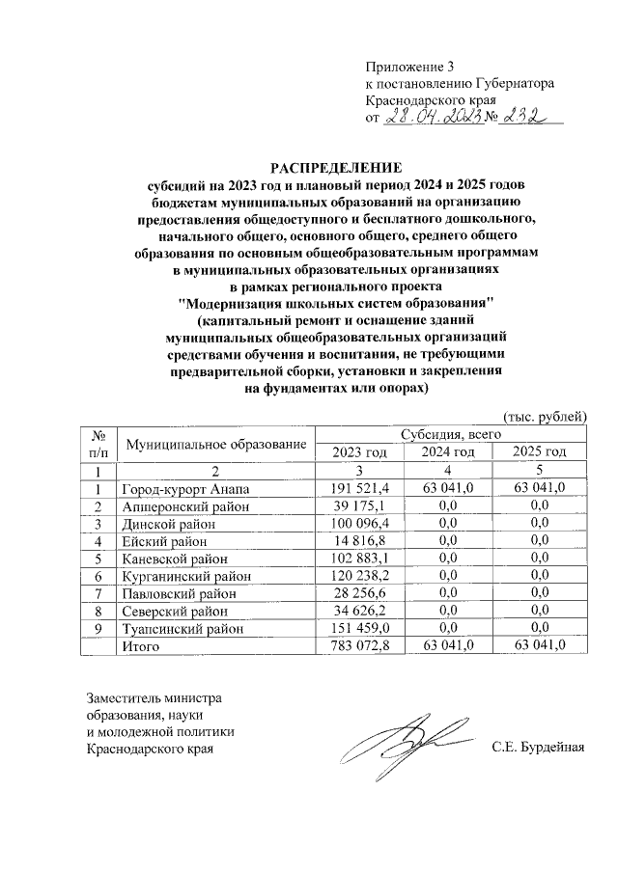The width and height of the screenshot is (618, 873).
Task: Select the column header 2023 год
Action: (359, 452)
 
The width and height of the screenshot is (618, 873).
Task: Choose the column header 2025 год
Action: (539, 452)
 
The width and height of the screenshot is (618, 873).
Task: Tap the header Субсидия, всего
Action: (449, 435)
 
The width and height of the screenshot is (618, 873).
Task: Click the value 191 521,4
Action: (359, 488)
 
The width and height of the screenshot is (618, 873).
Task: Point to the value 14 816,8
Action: (359, 540)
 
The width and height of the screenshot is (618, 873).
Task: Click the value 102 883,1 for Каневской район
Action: (359, 559)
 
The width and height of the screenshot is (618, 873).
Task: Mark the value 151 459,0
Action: (359, 628)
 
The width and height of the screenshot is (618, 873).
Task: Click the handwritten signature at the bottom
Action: (410, 742)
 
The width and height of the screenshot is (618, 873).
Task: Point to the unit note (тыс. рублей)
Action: (546, 416)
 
